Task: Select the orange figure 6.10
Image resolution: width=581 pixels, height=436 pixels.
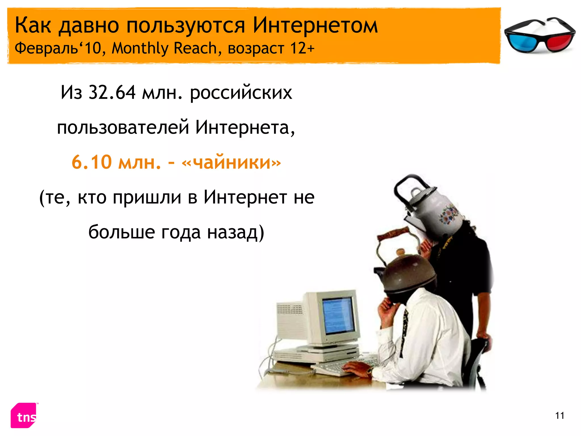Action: pos(91,162)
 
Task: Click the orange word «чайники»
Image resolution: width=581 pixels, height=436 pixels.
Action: pos(231,162)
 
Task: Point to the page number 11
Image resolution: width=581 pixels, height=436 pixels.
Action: pos(559,416)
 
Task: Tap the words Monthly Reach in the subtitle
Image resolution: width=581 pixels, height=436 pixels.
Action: pos(164,48)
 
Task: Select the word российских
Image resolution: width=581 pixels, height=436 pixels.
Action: pos(241,93)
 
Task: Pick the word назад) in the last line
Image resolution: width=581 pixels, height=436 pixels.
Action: pos(235,232)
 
